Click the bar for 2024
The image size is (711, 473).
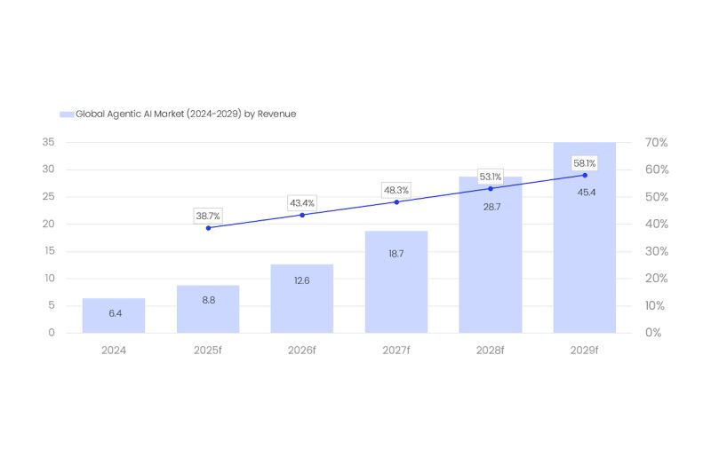click(x=114, y=315)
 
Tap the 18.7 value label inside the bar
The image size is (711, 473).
click(x=396, y=254)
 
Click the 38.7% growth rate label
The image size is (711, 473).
click(x=208, y=216)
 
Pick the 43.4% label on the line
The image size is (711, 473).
click(x=302, y=203)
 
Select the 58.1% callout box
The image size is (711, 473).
click(x=585, y=163)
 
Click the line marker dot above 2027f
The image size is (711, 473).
click(x=396, y=201)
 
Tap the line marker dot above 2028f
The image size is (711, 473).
click(x=491, y=188)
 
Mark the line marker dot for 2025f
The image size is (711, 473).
click(x=208, y=228)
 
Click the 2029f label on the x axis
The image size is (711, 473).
click(x=585, y=351)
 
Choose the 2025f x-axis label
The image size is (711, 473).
click(x=208, y=351)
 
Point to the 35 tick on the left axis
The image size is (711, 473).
click(x=48, y=142)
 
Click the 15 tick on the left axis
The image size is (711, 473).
click(x=48, y=251)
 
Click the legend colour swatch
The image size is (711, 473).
click(x=66, y=114)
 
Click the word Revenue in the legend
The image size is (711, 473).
click(x=276, y=114)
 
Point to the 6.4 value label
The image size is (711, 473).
click(x=114, y=313)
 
